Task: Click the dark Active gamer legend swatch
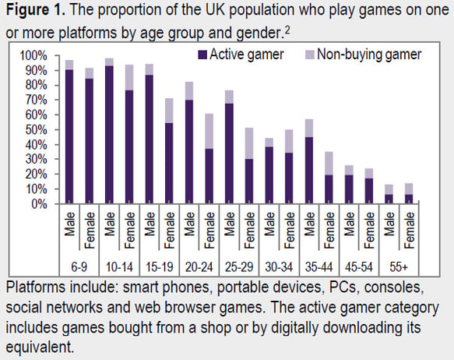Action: pyautogui.click(x=202, y=55)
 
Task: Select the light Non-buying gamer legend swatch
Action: pyautogui.click(x=310, y=55)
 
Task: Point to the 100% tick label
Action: pyautogui.click(x=33, y=55)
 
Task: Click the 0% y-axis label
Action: pyautogui.click(x=39, y=204)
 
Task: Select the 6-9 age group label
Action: pyautogui.click(x=79, y=266)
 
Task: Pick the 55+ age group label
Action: pyautogui.click(x=399, y=266)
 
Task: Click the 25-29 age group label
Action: pyautogui.click(x=239, y=266)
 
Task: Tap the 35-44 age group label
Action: pyautogui.click(x=319, y=266)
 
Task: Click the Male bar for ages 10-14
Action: pyautogui.click(x=109, y=131)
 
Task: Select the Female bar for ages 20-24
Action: pyautogui.click(x=209, y=159)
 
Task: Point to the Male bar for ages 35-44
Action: pyautogui.click(x=309, y=161)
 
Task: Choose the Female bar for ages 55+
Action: pyautogui.click(x=409, y=193)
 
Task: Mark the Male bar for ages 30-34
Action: pyautogui.click(x=269, y=171)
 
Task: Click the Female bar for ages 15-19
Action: pyautogui.click(x=169, y=151)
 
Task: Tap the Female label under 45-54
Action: pyautogui.click(x=369, y=230)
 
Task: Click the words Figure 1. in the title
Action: pyautogui.click(x=36, y=10)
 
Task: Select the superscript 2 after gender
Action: pyautogui.click(x=287, y=30)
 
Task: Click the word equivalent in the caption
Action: pyautogui.click(x=40, y=347)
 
